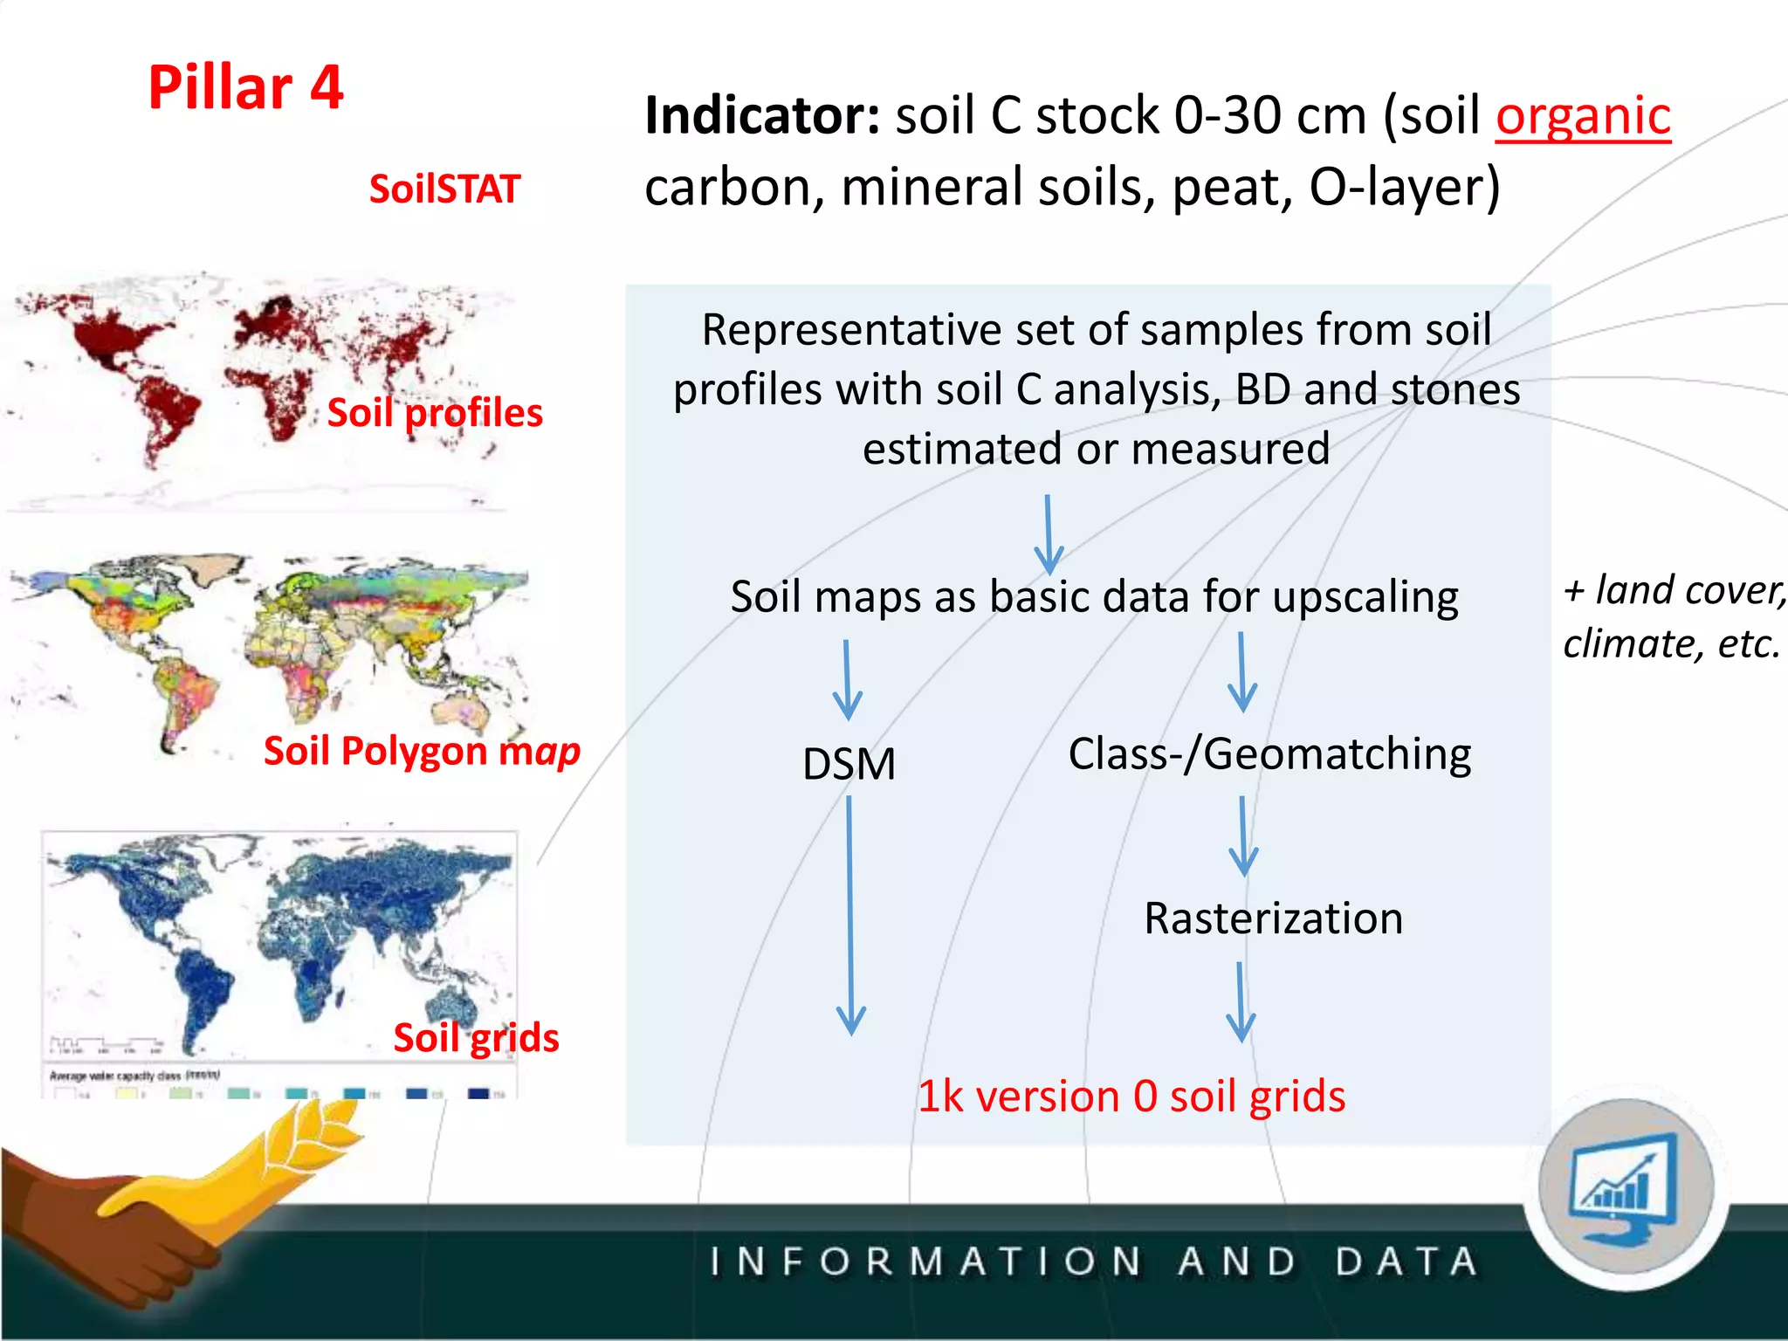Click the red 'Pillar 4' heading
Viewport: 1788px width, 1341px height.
click(245, 87)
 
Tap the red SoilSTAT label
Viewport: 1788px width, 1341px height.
click(444, 189)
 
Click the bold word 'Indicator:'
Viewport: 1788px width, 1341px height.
click(762, 116)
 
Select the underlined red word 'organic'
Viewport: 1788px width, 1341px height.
click(1582, 117)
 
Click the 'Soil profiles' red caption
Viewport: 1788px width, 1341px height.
click(435, 412)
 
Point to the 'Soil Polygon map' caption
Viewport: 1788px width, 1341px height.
click(422, 751)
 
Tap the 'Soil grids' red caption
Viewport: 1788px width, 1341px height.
click(476, 1038)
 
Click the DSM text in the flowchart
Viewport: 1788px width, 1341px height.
click(849, 764)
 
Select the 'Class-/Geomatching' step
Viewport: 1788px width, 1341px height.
click(1269, 754)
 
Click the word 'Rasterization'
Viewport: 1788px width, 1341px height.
click(1273, 918)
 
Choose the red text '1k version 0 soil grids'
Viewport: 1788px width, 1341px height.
click(1131, 1097)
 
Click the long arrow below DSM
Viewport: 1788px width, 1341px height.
click(849, 917)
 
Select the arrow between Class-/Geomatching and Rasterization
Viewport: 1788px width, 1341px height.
click(1243, 836)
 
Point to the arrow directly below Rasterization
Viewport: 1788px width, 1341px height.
click(1241, 1002)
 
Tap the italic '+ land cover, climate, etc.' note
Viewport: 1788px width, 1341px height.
click(1672, 616)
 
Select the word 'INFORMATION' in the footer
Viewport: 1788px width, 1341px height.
click(925, 1262)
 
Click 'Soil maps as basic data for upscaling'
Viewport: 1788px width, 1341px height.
click(1094, 597)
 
